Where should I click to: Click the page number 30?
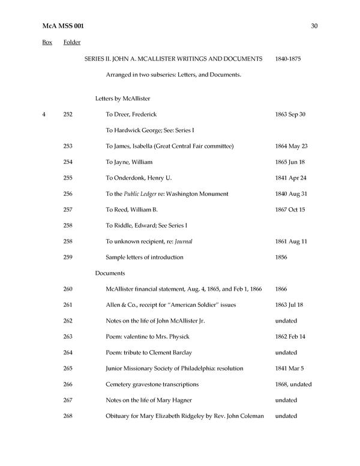tap(314, 26)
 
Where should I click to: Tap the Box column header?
tap(47, 43)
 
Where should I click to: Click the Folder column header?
tap(72, 43)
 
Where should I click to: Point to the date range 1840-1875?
tap(289, 59)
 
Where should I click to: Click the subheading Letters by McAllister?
tap(122, 98)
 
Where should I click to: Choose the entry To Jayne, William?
tap(129, 162)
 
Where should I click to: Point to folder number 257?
tap(68, 210)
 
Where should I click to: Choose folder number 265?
tap(68, 368)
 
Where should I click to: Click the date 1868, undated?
tap(293, 384)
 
